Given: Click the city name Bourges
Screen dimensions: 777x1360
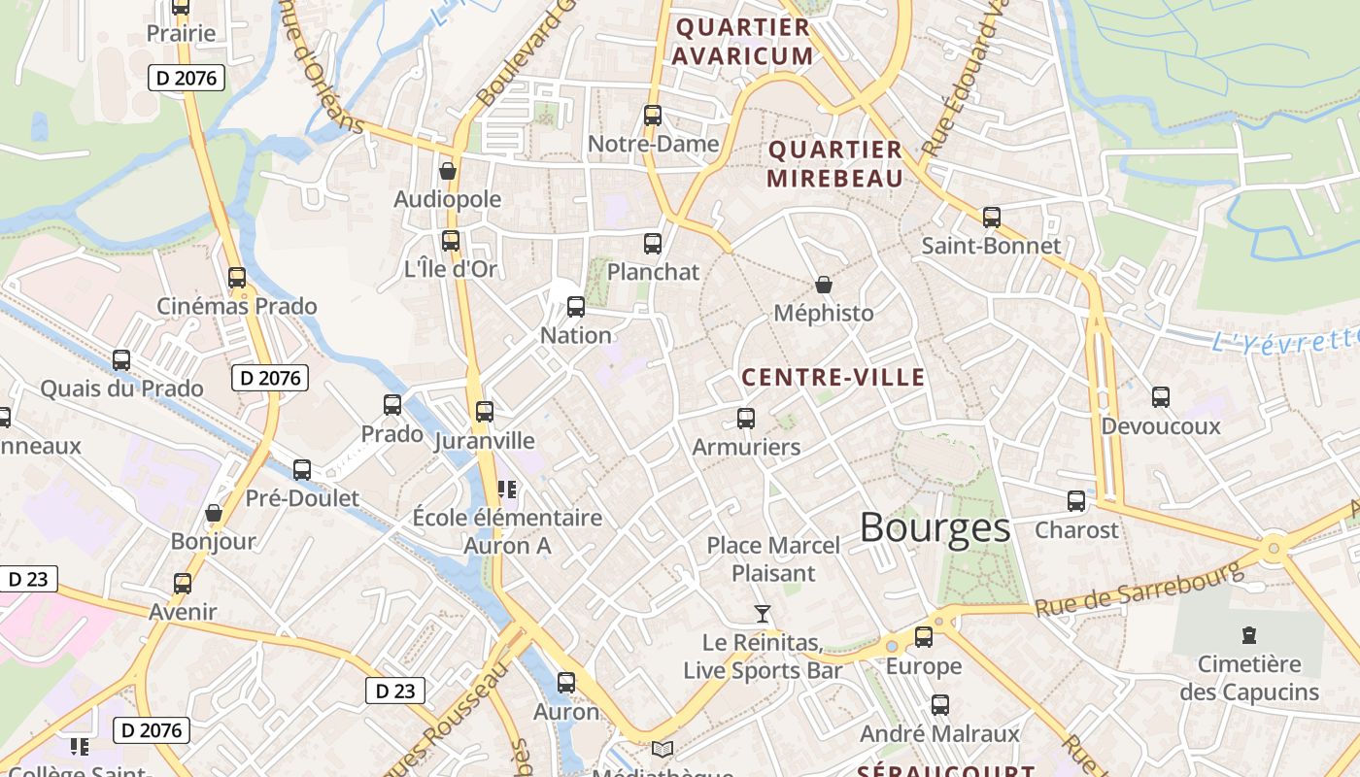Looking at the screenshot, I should [935, 528].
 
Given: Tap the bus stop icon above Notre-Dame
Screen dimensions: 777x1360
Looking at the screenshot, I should [653, 116].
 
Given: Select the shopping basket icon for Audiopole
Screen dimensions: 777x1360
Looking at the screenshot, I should [448, 172].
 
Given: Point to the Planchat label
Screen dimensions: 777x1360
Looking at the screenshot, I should [653, 272].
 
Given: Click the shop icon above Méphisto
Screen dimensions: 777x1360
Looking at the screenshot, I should [824, 285].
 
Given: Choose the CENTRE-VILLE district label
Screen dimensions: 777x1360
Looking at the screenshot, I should [833, 378].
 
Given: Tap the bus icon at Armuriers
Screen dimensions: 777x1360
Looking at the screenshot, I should [746, 419].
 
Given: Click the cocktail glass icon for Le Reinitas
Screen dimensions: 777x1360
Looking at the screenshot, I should [763, 614].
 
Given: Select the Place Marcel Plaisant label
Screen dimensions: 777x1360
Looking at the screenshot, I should [773, 559].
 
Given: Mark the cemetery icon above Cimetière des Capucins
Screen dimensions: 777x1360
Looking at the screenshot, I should [1249, 636].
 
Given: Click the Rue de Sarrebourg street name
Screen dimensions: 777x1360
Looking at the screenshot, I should [1139, 589].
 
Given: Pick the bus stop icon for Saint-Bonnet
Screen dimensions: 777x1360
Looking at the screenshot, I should [992, 218].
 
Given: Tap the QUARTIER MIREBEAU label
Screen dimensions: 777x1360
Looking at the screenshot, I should [835, 164].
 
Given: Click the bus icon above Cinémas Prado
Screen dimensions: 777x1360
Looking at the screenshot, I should [237, 278].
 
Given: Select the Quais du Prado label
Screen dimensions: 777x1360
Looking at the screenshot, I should [121, 388].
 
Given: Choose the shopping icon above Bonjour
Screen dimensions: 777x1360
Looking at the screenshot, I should [214, 513].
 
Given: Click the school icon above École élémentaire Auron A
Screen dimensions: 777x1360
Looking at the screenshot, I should [506, 489].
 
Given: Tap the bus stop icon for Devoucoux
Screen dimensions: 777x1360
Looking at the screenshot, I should [1161, 397].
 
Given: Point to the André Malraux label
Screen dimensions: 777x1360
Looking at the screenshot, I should [939, 733].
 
